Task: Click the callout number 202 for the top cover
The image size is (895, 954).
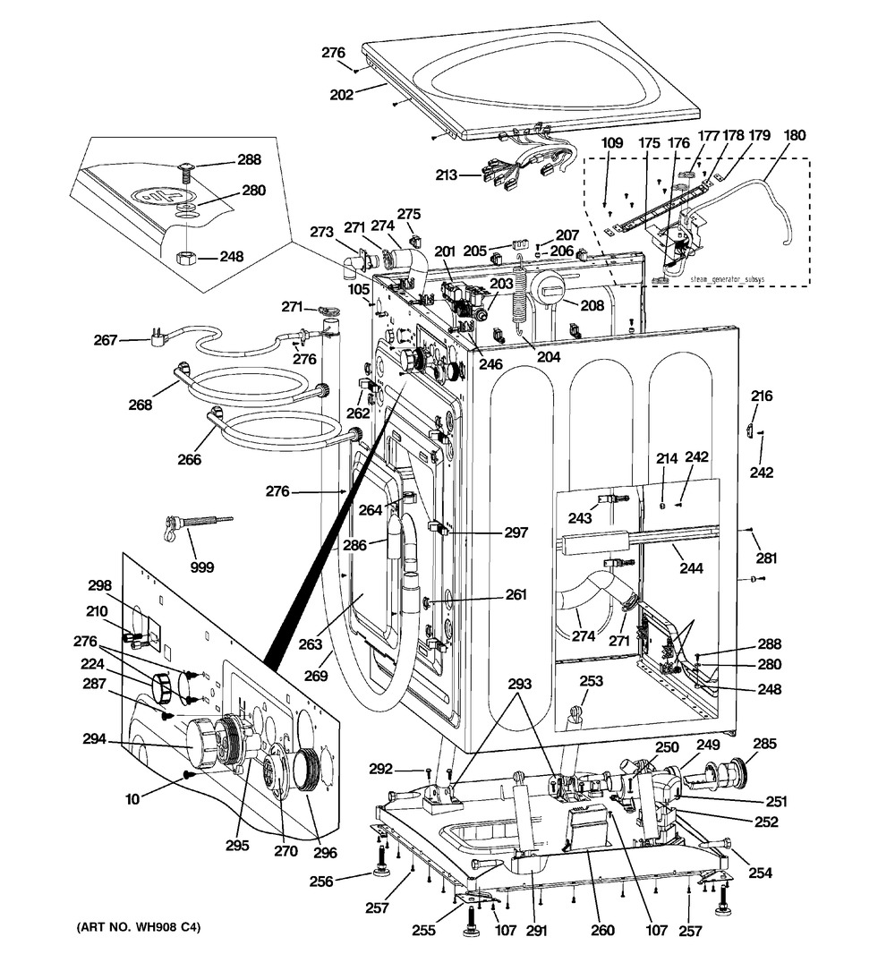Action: pyautogui.click(x=341, y=93)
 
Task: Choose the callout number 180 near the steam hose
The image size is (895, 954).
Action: pyautogui.click(x=793, y=137)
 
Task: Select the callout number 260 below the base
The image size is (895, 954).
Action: pyautogui.click(x=602, y=930)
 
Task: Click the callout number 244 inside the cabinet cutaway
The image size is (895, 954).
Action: pyautogui.click(x=690, y=566)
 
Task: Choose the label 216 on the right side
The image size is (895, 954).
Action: pyautogui.click(x=762, y=396)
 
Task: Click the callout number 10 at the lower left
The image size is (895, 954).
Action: pyautogui.click(x=132, y=798)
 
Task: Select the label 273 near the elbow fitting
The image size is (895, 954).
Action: pyautogui.click(x=323, y=233)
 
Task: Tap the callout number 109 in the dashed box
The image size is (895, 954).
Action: pyautogui.click(x=611, y=141)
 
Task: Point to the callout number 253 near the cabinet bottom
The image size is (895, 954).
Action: pyautogui.click(x=591, y=681)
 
